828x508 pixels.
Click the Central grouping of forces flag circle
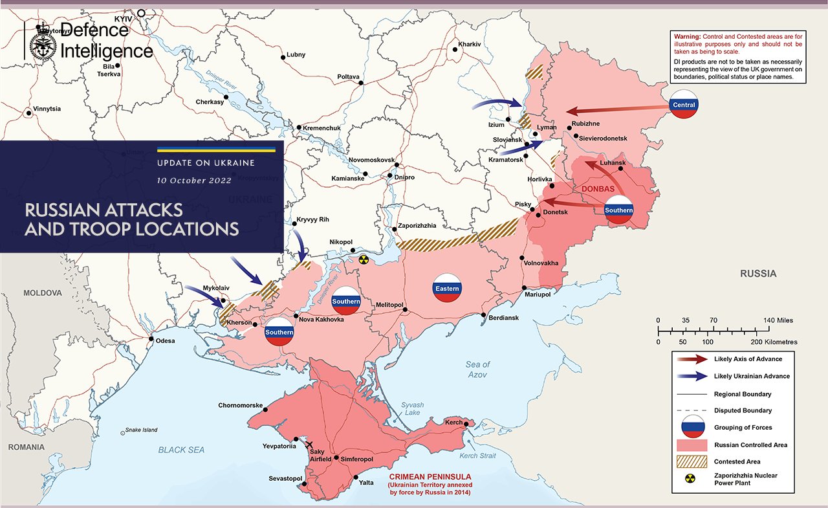[684, 105]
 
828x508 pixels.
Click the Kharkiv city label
[469, 44]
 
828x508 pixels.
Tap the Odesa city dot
[151, 339]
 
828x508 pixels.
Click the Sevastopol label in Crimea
[286, 478]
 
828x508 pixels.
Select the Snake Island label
[141, 430]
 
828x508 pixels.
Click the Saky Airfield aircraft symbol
[309, 445]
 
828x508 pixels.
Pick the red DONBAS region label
[598, 189]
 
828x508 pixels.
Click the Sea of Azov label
[477, 370]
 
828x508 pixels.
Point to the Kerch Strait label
[477, 456]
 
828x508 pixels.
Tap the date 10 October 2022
[193, 181]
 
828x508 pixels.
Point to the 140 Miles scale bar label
[778, 320]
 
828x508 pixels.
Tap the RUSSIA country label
[758, 274]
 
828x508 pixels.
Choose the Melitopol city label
[390, 304]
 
